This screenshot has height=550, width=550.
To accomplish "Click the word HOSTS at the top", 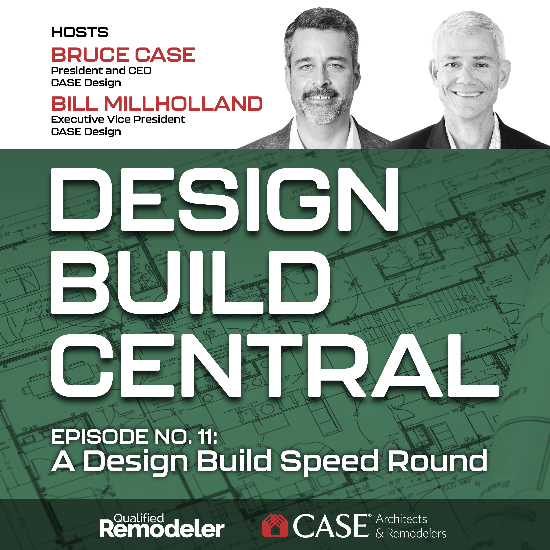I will pos(80,32).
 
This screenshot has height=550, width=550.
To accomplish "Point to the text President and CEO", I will pos(101,71).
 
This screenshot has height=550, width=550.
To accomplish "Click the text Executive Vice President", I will pos(118,119).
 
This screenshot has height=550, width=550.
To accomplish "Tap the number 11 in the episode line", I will pos(206,437).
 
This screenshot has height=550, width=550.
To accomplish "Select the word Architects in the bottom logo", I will pos(401,519).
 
